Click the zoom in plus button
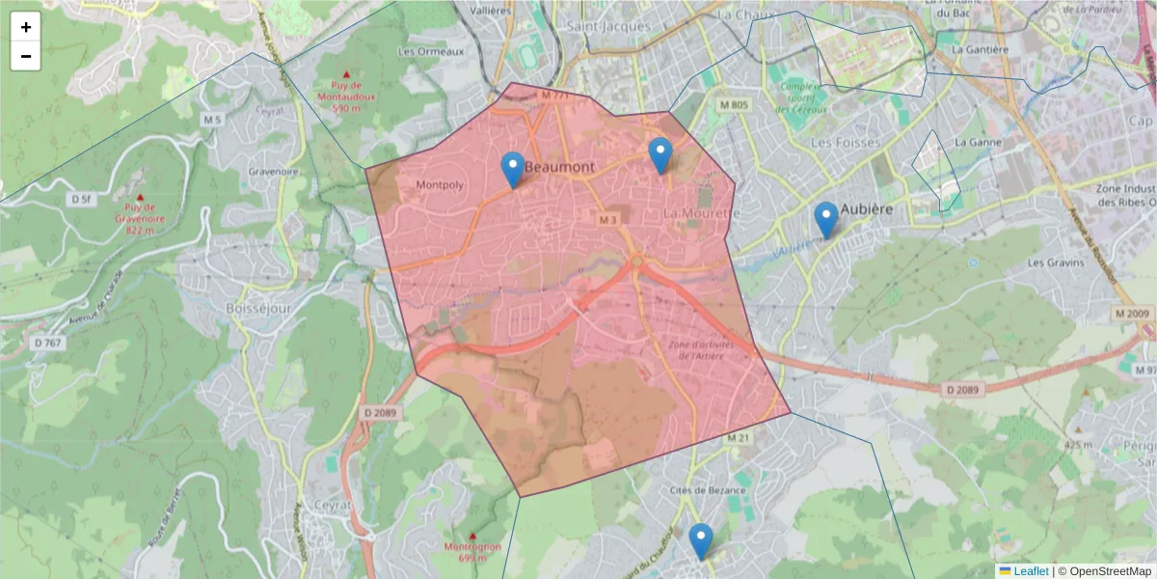(x=26, y=27)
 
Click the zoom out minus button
(x=26, y=56)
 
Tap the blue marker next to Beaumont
(x=513, y=170)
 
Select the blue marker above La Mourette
(x=659, y=155)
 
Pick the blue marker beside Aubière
(x=825, y=219)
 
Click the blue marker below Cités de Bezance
(x=701, y=540)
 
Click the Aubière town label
(x=867, y=209)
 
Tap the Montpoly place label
(x=440, y=184)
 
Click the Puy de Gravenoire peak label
(x=140, y=211)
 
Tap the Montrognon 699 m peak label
(x=472, y=551)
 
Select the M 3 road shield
(x=606, y=220)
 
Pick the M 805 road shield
(x=734, y=104)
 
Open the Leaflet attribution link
(x=1031, y=571)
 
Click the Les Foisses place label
(x=845, y=142)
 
